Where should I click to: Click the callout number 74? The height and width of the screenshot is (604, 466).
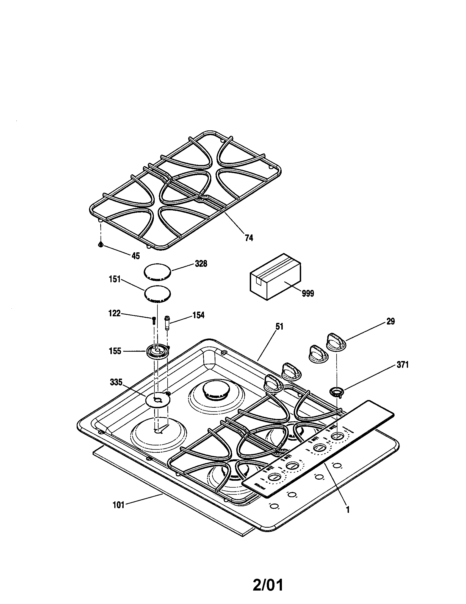click(x=249, y=237)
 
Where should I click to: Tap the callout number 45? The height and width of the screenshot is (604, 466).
click(x=135, y=256)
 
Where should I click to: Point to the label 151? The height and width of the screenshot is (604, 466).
click(x=115, y=279)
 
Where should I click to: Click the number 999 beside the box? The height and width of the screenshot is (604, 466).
click(x=308, y=293)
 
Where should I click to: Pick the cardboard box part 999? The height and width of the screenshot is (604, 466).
click(x=275, y=277)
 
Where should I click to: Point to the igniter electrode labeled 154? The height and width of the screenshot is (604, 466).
click(x=167, y=322)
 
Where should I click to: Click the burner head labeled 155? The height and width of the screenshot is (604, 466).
click(x=157, y=352)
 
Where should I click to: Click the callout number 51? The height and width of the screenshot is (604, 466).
click(x=279, y=327)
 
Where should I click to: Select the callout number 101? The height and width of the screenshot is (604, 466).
click(x=119, y=505)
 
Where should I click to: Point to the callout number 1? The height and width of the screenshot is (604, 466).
click(x=348, y=510)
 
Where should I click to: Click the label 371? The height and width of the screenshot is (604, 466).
click(x=402, y=365)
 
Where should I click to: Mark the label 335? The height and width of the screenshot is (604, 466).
click(x=116, y=382)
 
